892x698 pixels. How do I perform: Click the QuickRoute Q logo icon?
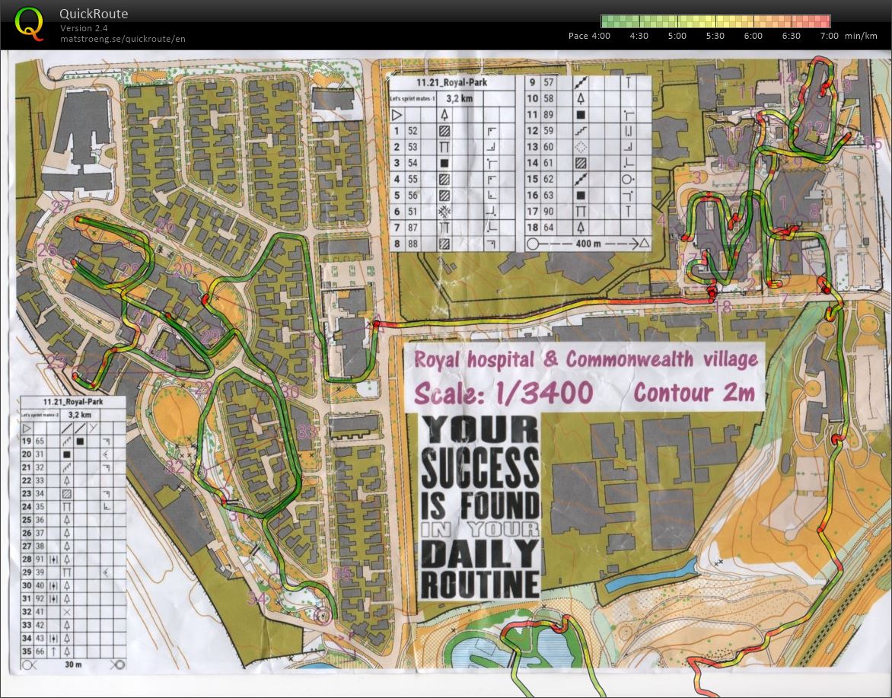tap(29, 23)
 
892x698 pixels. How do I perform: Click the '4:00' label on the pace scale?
tap(600, 36)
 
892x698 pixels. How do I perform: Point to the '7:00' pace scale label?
tap(829, 36)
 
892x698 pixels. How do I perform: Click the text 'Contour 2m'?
tap(693, 392)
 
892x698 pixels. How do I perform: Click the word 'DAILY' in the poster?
tap(479, 553)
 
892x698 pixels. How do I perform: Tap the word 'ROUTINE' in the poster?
tap(479, 585)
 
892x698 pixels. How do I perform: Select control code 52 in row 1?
tap(413, 131)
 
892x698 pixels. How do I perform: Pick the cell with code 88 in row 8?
tap(413, 244)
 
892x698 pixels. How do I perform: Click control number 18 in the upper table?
tap(533, 227)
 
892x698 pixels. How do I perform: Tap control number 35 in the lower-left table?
tap(27, 651)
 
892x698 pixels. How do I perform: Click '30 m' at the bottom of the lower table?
tap(74, 664)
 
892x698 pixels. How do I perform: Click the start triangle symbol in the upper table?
tap(396, 115)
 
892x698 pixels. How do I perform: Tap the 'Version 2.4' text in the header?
tap(84, 28)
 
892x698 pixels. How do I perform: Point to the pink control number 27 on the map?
tap(61, 207)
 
